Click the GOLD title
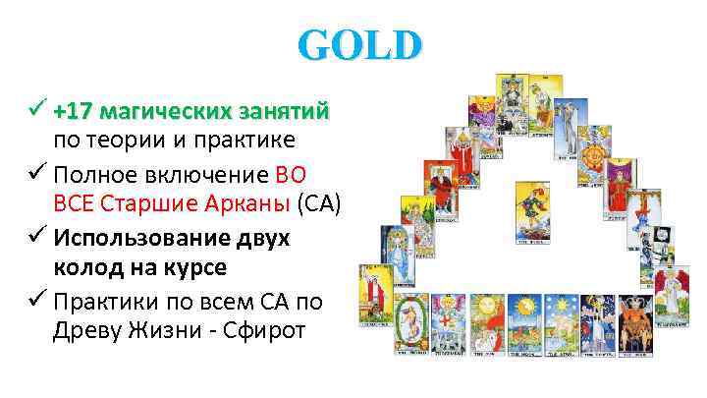tap(360, 45)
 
